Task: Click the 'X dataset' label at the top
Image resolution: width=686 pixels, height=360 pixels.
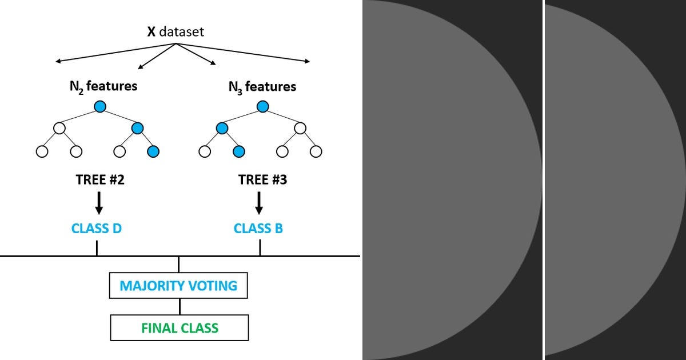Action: pyautogui.click(x=176, y=31)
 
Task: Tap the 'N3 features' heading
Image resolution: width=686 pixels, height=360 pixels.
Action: pyautogui.click(x=262, y=87)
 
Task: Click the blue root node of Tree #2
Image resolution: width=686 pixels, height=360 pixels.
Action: pyautogui.click(x=100, y=106)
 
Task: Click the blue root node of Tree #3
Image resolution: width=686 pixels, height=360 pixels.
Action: pyautogui.click(x=262, y=106)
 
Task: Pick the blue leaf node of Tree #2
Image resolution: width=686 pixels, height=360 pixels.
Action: pyautogui.click(x=153, y=151)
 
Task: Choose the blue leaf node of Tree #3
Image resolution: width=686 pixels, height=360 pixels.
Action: pyautogui.click(x=239, y=151)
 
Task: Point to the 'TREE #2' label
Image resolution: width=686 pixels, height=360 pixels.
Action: pyautogui.click(x=100, y=180)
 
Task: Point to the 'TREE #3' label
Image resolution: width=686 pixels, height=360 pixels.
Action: pyautogui.click(x=262, y=180)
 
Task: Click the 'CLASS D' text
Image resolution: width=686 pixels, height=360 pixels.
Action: pyautogui.click(x=96, y=229)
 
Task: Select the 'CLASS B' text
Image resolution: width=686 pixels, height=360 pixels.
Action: pyautogui.click(x=258, y=229)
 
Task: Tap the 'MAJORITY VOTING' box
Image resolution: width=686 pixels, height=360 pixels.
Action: pyautogui.click(x=178, y=285)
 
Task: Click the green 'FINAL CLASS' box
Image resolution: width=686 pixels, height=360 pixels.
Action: pyautogui.click(x=180, y=328)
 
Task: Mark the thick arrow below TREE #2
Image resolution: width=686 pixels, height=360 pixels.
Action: pyautogui.click(x=99, y=203)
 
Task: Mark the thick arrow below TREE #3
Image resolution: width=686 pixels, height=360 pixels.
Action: pyautogui.click(x=259, y=203)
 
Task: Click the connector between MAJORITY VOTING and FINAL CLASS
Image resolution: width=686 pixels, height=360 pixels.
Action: pyautogui.click(x=180, y=306)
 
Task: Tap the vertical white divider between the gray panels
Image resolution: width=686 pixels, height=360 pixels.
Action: pyautogui.click(x=543, y=180)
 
